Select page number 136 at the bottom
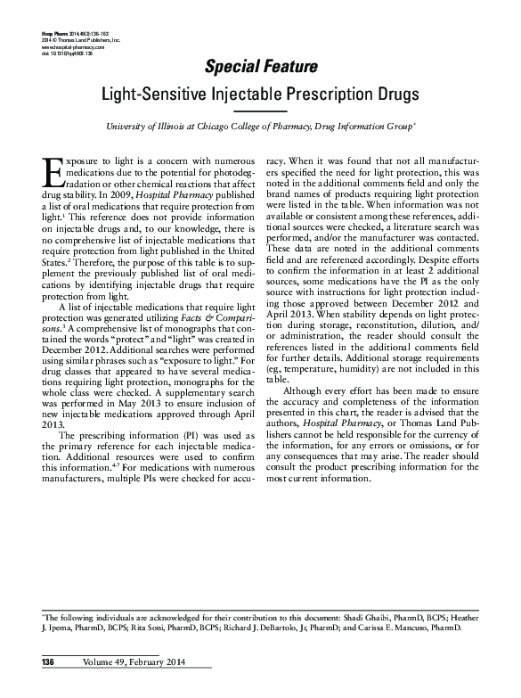point(45,660)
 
